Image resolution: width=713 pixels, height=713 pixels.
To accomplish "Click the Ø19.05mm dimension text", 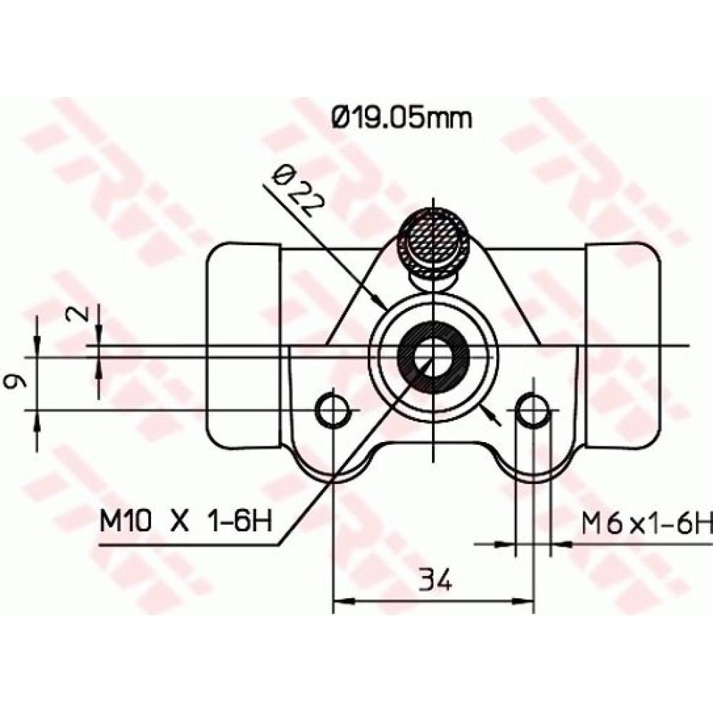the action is click(x=402, y=118).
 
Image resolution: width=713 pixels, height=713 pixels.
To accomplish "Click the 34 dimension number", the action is click(x=435, y=578).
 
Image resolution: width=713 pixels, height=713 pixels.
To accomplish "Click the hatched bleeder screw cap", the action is click(x=434, y=244).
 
